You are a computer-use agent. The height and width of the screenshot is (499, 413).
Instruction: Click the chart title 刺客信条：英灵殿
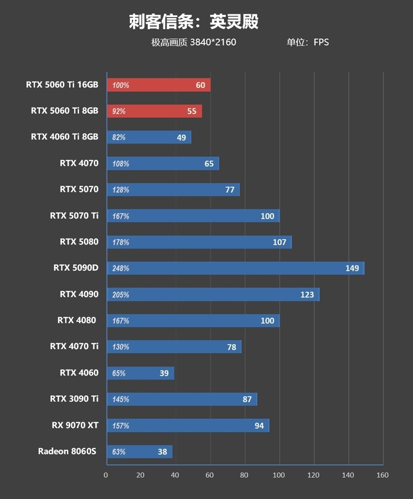pyautogui.click(x=194, y=22)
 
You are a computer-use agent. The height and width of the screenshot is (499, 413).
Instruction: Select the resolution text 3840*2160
pyautogui.click(x=213, y=42)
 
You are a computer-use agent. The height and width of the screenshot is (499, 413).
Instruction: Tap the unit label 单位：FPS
pyautogui.click(x=308, y=42)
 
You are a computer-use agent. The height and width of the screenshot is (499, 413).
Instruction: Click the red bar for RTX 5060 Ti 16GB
pyautogui.click(x=158, y=85)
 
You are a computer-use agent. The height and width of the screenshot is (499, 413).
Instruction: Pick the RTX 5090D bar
pyautogui.click(x=235, y=268)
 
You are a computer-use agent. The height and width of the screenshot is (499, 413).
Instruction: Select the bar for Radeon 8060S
pyautogui.click(x=139, y=451)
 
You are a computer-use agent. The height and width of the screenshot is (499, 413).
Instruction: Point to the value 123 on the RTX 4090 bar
pyautogui.click(x=307, y=294)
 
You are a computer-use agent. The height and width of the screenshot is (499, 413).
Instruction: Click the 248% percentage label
pyautogui.click(x=120, y=269)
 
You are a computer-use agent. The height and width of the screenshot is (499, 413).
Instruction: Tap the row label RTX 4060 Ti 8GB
pyautogui.click(x=65, y=137)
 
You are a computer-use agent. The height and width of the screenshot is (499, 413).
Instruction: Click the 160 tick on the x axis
pyautogui.click(x=383, y=475)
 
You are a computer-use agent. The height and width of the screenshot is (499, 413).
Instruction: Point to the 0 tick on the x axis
pyautogui.click(x=106, y=475)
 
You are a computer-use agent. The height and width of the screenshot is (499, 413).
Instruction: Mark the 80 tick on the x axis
pyautogui.click(x=245, y=475)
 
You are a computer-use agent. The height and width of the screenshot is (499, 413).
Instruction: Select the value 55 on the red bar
pyautogui.click(x=192, y=111)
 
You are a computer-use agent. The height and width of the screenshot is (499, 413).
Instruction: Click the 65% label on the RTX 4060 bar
pyautogui.click(x=119, y=373)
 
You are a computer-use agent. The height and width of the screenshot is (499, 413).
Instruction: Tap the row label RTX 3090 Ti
pyautogui.click(x=74, y=399)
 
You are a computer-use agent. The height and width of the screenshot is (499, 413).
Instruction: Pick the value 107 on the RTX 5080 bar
pyautogui.click(x=279, y=242)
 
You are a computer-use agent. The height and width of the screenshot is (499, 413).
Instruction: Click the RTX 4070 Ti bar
pyautogui.click(x=174, y=347)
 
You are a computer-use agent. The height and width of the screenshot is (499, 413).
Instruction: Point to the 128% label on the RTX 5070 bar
pyautogui.click(x=120, y=190)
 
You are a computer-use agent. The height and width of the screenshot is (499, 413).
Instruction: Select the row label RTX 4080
pyautogui.click(x=77, y=320)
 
